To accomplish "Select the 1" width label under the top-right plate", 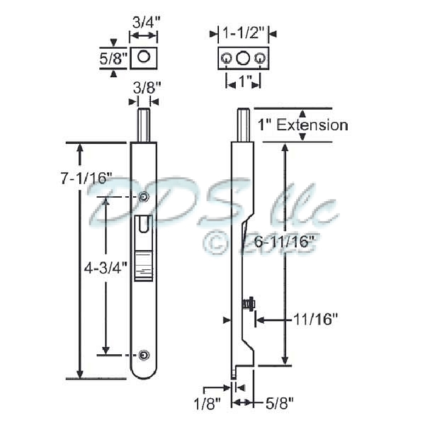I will [242, 83].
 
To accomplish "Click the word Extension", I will [312, 125].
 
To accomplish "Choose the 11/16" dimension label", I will [314, 319].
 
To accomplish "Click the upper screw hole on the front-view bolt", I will [144, 197].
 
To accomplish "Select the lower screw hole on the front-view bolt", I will [144, 354].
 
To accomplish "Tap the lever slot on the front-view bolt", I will [144, 225].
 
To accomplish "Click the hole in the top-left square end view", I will [145, 56].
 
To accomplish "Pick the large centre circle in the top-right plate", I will [242, 57].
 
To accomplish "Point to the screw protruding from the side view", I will [248, 305].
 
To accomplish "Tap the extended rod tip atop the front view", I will [144, 124].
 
